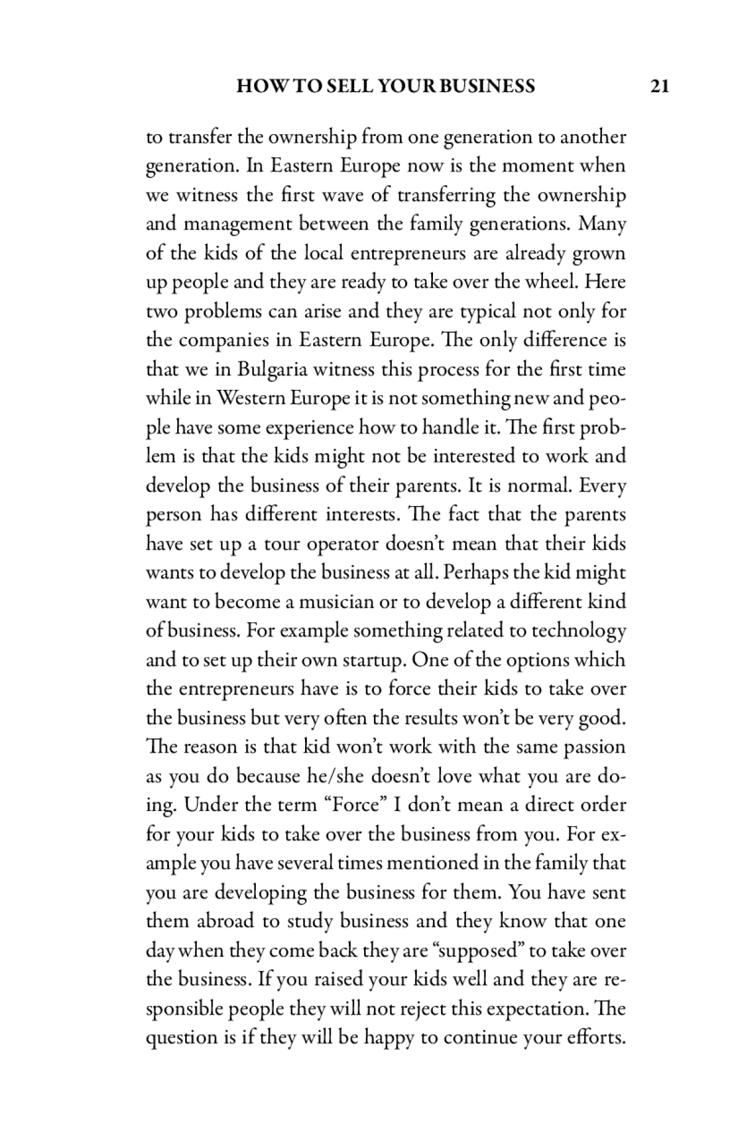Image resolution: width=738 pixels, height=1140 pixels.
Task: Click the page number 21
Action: coord(659,86)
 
